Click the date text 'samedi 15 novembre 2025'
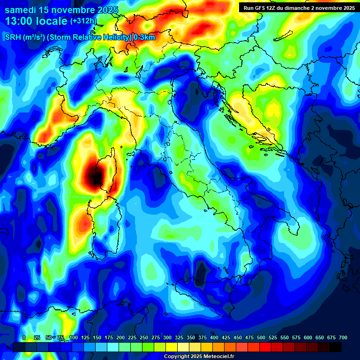(x=61, y=9)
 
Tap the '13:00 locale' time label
(x=36, y=21)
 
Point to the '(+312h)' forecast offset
(x=83, y=21)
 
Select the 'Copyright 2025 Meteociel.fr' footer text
(x=199, y=357)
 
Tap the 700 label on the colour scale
(x=343, y=337)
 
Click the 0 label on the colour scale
(x=24, y=337)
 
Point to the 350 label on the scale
(x=191, y=337)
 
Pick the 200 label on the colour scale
(x=120, y=337)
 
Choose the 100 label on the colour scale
(x=74, y=337)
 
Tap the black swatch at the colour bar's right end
(x=336, y=347)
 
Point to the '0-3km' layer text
(x=144, y=37)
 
